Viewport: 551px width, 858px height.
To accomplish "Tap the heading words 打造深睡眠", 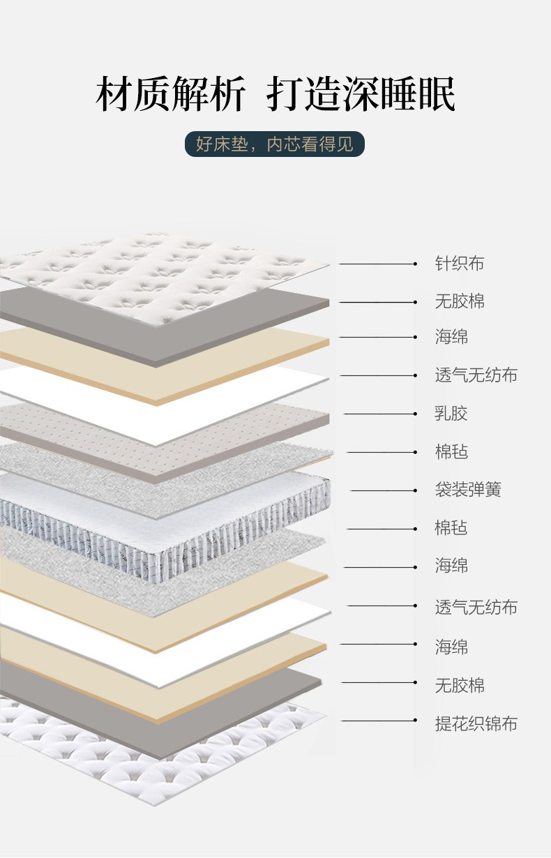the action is [x=361, y=95].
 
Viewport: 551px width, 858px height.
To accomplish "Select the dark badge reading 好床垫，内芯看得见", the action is [x=275, y=144].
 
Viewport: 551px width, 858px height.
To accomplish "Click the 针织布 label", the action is [x=459, y=264].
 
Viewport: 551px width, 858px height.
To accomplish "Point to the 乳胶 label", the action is [x=451, y=414].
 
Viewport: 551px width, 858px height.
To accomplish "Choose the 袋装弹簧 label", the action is [x=467, y=490].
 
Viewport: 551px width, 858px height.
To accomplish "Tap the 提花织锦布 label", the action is [x=476, y=723].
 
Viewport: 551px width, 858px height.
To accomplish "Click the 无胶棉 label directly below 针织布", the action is [x=459, y=301].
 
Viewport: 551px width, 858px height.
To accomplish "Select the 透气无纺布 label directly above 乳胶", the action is [x=476, y=375].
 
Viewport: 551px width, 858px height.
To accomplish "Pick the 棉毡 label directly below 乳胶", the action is [x=451, y=452].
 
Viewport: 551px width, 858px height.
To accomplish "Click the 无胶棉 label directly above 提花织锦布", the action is [x=459, y=685].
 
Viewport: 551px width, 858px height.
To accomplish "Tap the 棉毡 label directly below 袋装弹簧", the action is [x=451, y=528].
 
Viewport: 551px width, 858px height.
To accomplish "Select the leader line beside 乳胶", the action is [x=380, y=414].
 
